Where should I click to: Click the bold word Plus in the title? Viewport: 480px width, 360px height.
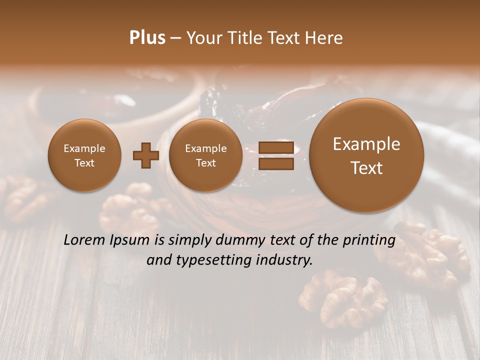[x=147, y=38]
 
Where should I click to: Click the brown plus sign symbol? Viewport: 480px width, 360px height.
[x=146, y=155]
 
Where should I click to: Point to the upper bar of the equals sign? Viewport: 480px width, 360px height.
[x=276, y=147]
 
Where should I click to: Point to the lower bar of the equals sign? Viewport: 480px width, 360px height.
[x=276, y=163]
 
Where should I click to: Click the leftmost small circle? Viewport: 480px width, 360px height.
[x=84, y=155]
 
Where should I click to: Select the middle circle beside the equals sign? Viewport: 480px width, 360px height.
[x=205, y=155]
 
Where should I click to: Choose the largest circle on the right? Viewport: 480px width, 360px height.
[x=366, y=155]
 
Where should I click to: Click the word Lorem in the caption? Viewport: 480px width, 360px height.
[x=84, y=240]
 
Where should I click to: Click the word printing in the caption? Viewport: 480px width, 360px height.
[x=369, y=240]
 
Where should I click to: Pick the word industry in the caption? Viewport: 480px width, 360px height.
[x=283, y=260]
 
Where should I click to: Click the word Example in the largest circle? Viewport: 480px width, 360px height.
[x=366, y=144]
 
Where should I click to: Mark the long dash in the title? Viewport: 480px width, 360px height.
[x=175, y=38]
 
